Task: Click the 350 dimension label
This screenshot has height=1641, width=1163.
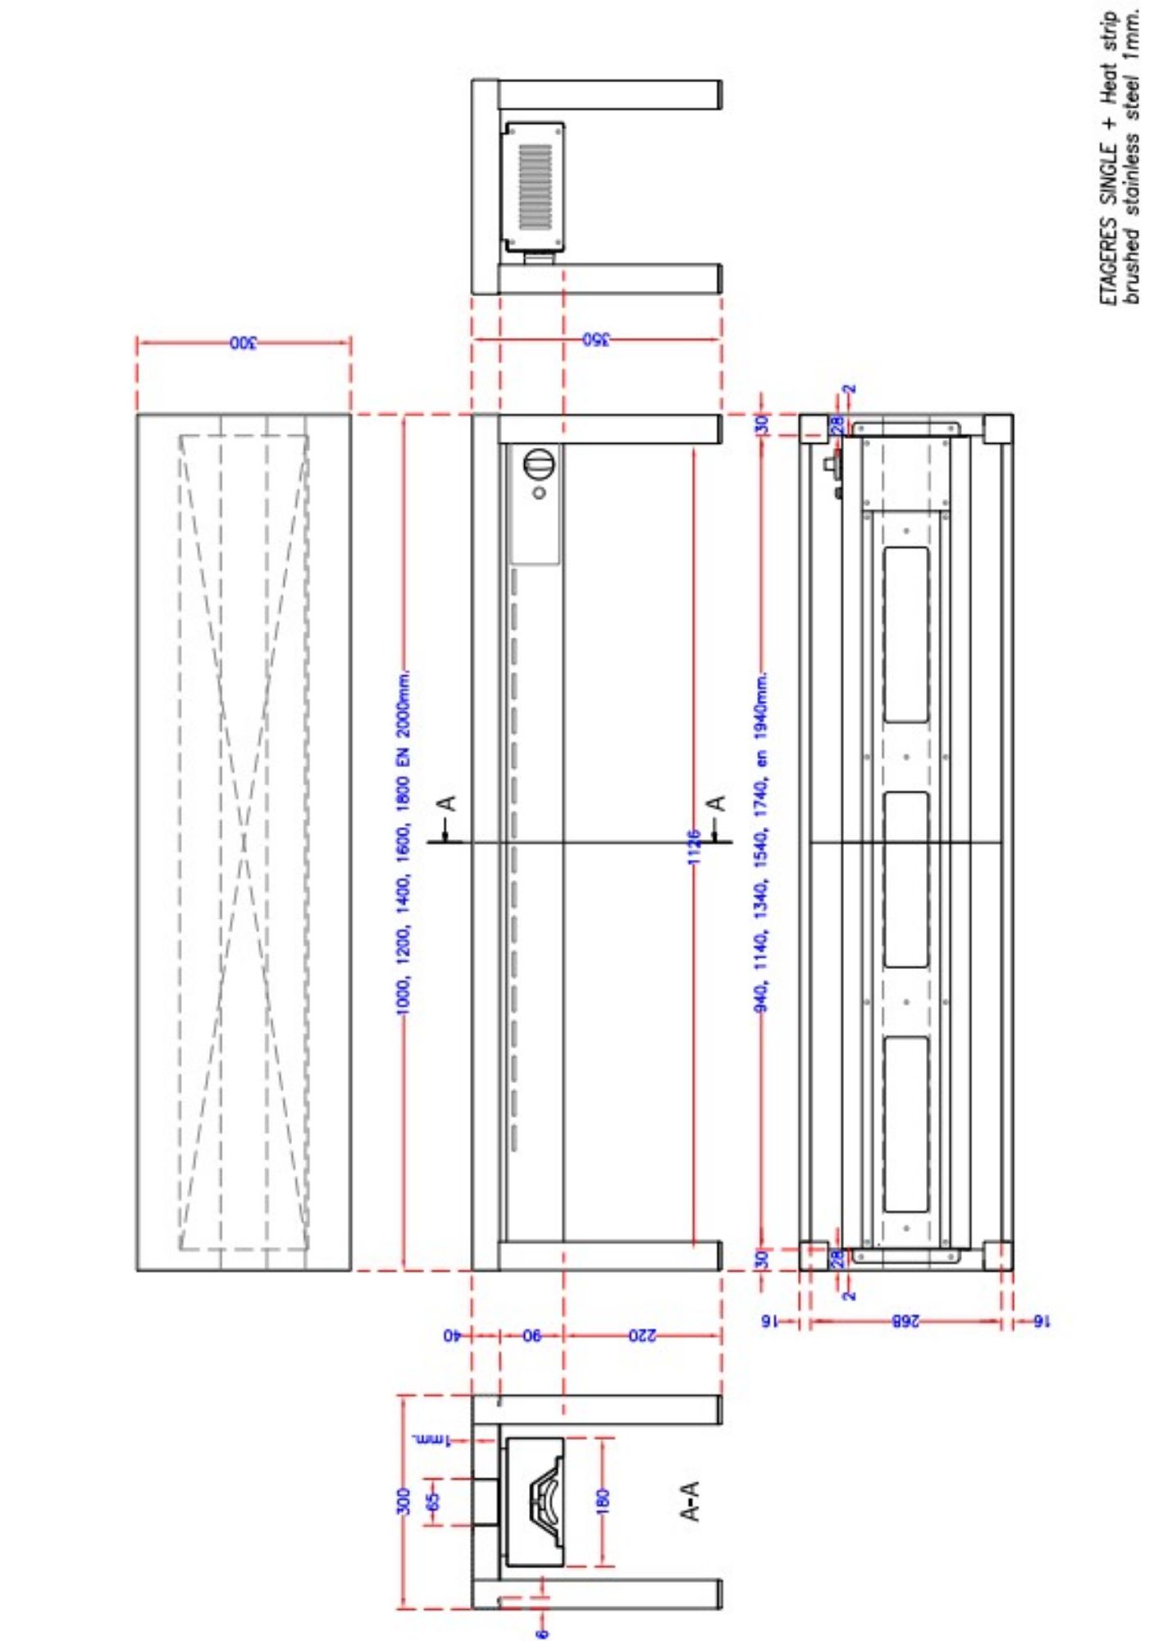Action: [x=596, y=340]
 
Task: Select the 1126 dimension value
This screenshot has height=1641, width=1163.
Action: [x=694, y=846]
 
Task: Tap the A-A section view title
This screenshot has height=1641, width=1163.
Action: [x=691, y=1501]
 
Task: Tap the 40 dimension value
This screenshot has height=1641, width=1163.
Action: [x=451, y=1336]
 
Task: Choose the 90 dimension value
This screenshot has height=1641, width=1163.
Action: [x=532, y=1336]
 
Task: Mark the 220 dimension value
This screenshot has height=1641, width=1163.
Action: [x=642, y=1336]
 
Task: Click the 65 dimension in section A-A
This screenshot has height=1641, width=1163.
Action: [x=434, y=1501]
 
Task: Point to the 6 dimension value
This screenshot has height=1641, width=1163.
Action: [x=541, y=1633]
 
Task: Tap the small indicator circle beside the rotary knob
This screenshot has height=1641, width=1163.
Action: [x=540, y=493]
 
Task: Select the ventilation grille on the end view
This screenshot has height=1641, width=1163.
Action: [x=535, y=187]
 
